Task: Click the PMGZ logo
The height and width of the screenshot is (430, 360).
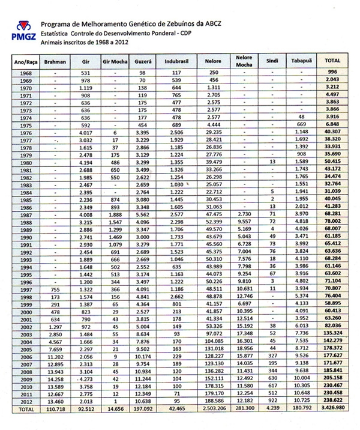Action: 22,32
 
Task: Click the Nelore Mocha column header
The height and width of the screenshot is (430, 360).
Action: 244,62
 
